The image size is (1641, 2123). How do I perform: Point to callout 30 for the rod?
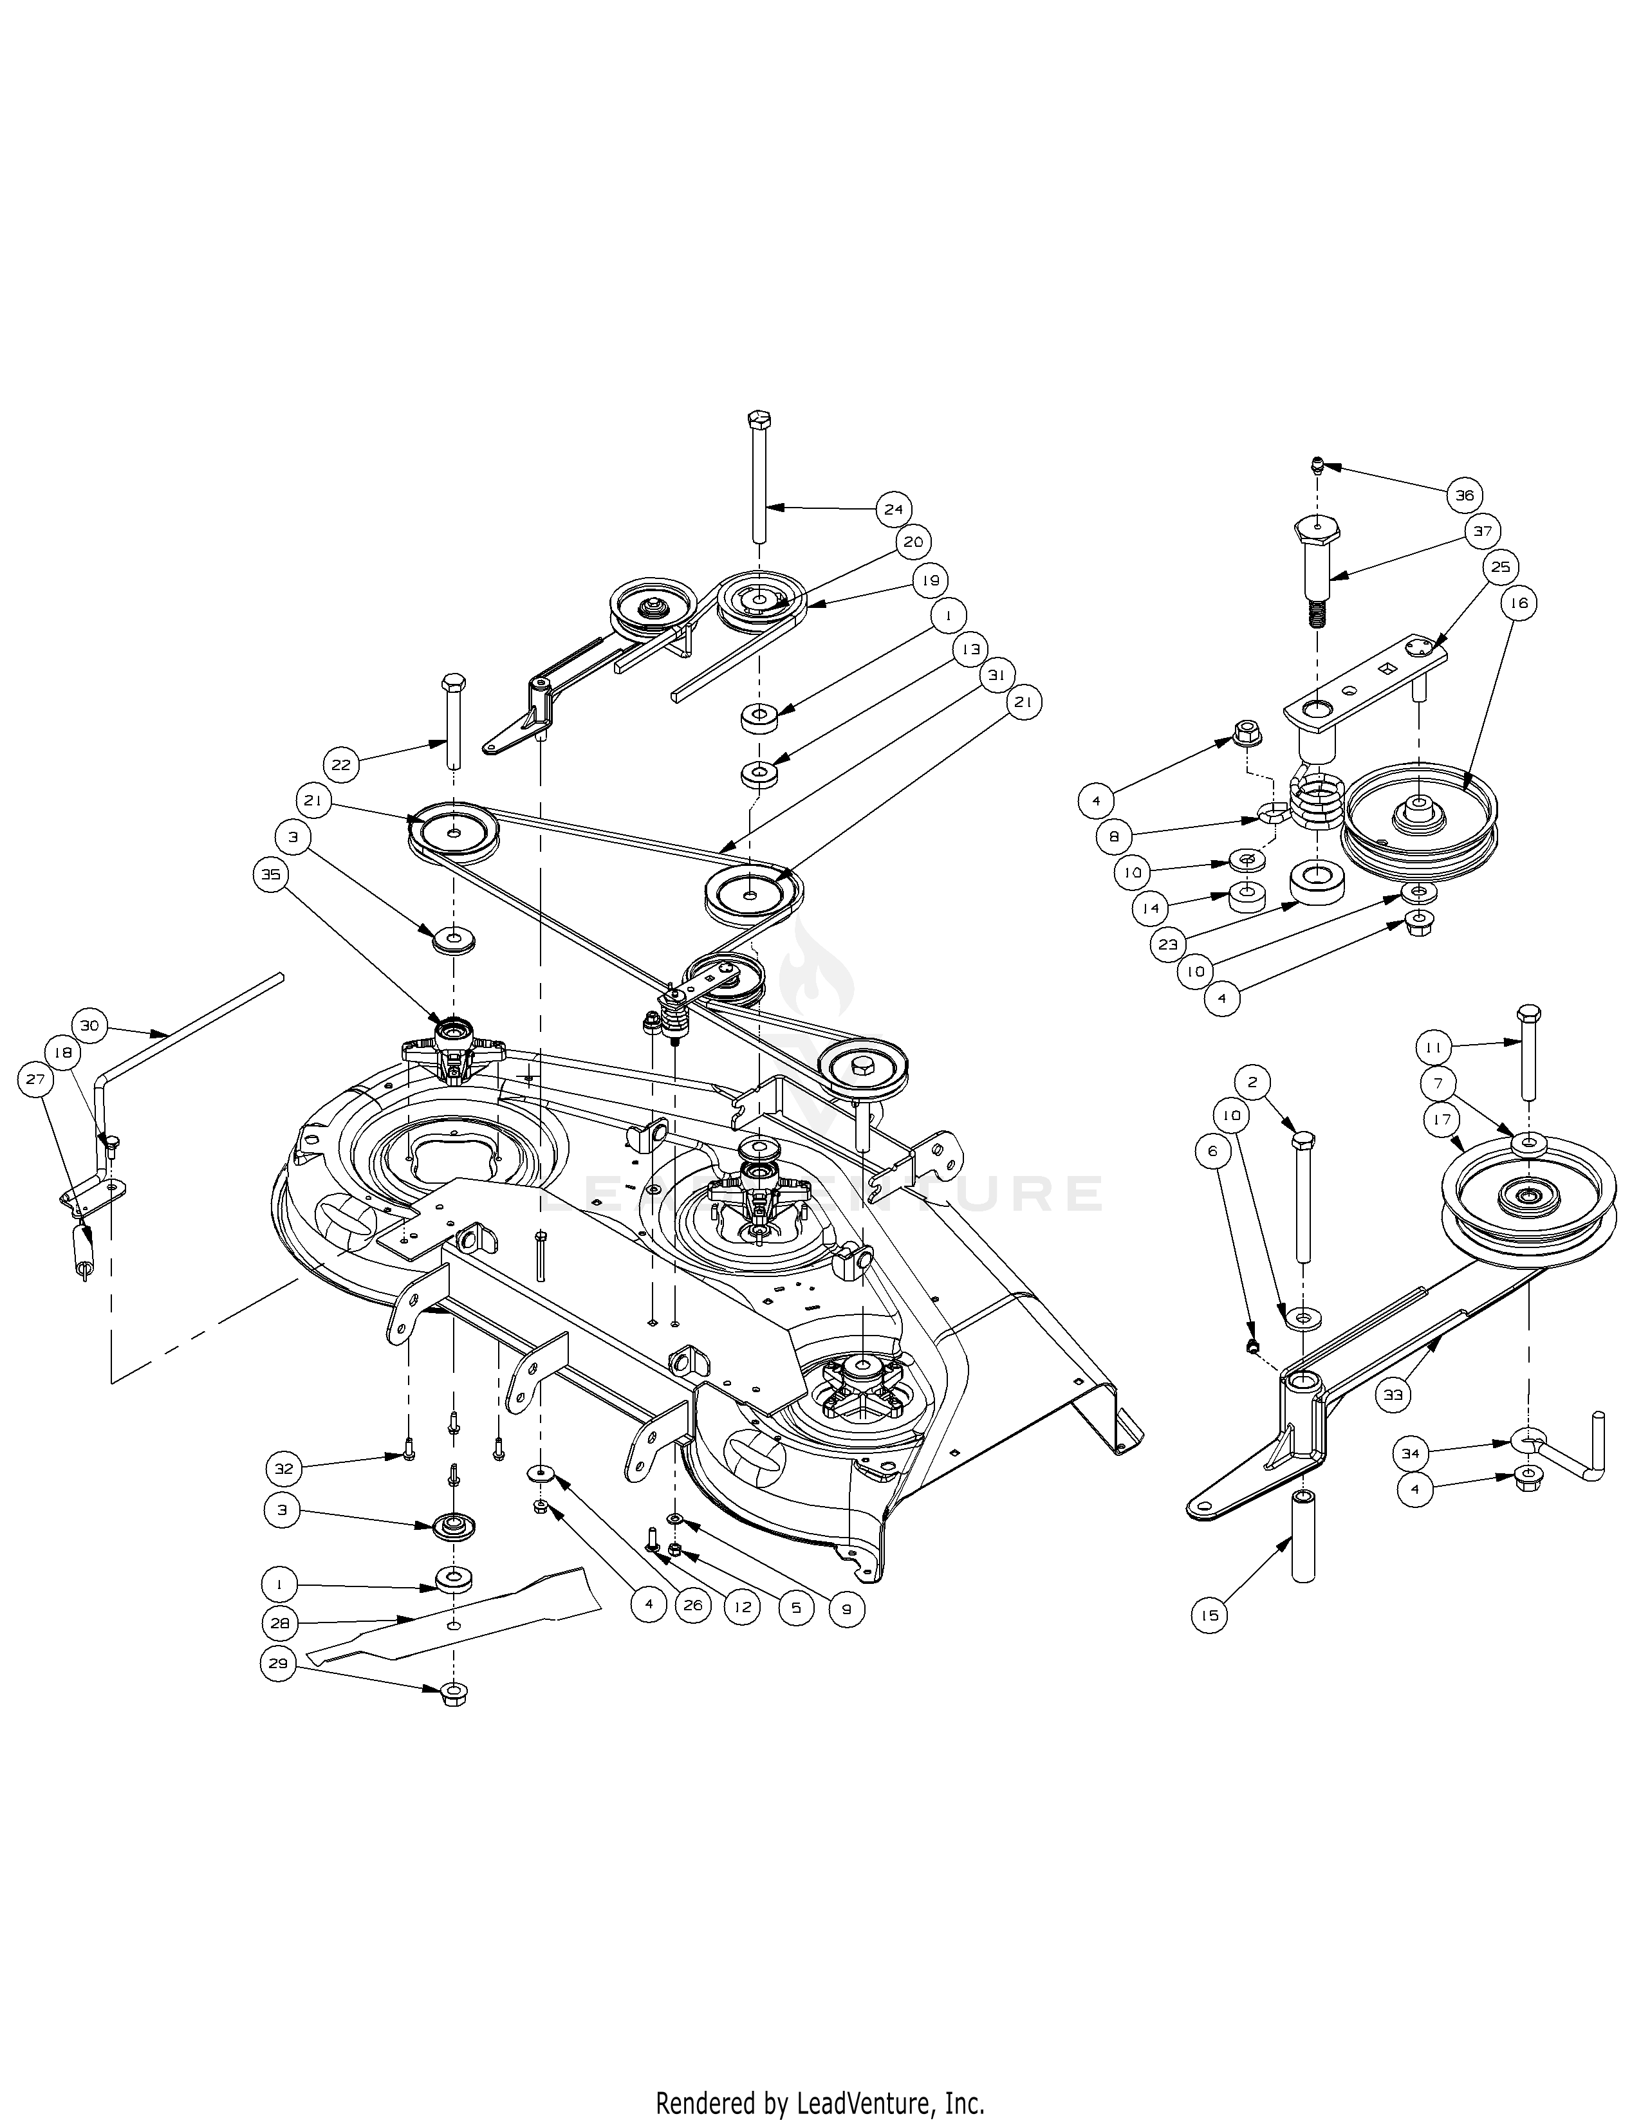pyautogui.click(x=89, y=1025)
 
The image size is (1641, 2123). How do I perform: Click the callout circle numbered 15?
pyautogui.click(x=1209, y=1615)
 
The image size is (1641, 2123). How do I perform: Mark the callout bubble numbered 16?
pyautogui.click(x=1519, y=603)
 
